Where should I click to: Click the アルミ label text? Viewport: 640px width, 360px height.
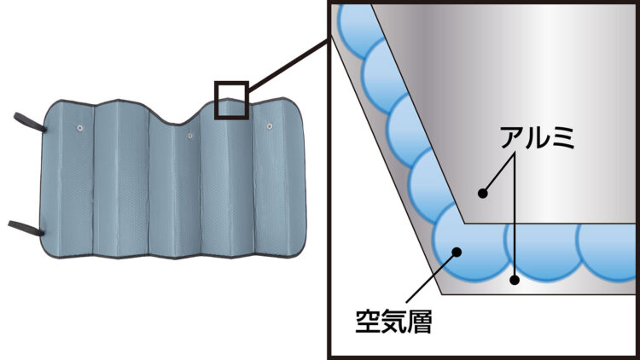pos(538,137)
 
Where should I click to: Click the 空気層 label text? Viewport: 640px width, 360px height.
pos(394,322)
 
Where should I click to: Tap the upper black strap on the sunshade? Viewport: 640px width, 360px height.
pos(29,122)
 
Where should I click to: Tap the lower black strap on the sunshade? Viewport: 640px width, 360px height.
pos(26,228)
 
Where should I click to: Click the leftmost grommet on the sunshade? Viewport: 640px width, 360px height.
pos(80,128)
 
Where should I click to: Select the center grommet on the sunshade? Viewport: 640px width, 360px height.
pos(190,136)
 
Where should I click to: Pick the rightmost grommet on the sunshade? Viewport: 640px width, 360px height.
pos(270,126)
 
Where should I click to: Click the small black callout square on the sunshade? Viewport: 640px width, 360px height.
pos(231,101)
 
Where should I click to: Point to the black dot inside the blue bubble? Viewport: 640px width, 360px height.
pos(457,252)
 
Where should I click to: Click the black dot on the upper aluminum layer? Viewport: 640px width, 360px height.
pos(483,193)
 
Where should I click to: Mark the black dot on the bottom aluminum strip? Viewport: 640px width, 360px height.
pos(515,280)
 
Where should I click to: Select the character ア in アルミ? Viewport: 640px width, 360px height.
pos(513,137)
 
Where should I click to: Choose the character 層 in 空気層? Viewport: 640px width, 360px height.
pos(420,322)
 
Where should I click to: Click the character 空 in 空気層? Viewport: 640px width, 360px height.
pos(368,322)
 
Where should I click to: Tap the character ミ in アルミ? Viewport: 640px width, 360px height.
pos(564,137)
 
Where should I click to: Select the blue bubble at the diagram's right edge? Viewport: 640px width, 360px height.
pos(608,251)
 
